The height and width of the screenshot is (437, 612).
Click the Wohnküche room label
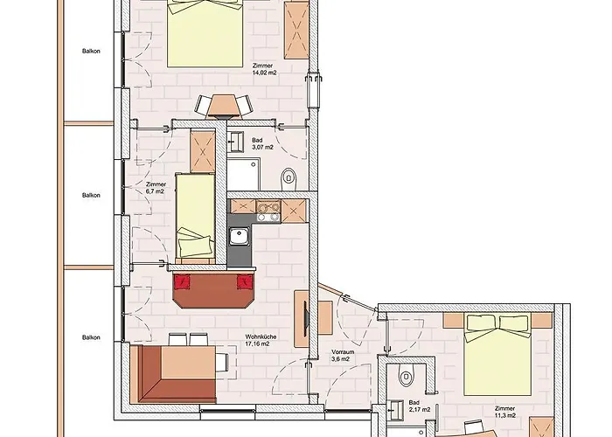point(261,336)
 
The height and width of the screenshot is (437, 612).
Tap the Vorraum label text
point(343,352)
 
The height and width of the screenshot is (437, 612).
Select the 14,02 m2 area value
point(265,73)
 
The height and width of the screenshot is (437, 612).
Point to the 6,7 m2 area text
point(155,191)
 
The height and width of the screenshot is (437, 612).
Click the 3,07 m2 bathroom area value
point(262,147)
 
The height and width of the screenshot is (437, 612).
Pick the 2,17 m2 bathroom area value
point(420,409)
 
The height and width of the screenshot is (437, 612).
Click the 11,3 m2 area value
point(505,415)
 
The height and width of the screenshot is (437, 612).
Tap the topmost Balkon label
point(91,51)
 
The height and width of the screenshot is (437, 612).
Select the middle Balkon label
point(91,195)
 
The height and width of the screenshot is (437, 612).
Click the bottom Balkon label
point(91,337)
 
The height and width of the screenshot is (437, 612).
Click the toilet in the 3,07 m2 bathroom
point(289,179)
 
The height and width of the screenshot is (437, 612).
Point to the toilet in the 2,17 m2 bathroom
point(406,375)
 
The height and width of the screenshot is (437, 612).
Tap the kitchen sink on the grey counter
point(239,237)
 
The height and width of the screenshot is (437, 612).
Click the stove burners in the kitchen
point(268,212)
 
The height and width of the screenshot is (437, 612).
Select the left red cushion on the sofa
point(182,281)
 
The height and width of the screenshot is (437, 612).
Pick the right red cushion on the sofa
point(245,281)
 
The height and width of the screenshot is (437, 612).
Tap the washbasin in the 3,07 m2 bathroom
point(236,142)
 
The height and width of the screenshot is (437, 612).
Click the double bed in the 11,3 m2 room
point(497,354)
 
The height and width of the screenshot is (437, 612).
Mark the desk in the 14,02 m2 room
point(223,106)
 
